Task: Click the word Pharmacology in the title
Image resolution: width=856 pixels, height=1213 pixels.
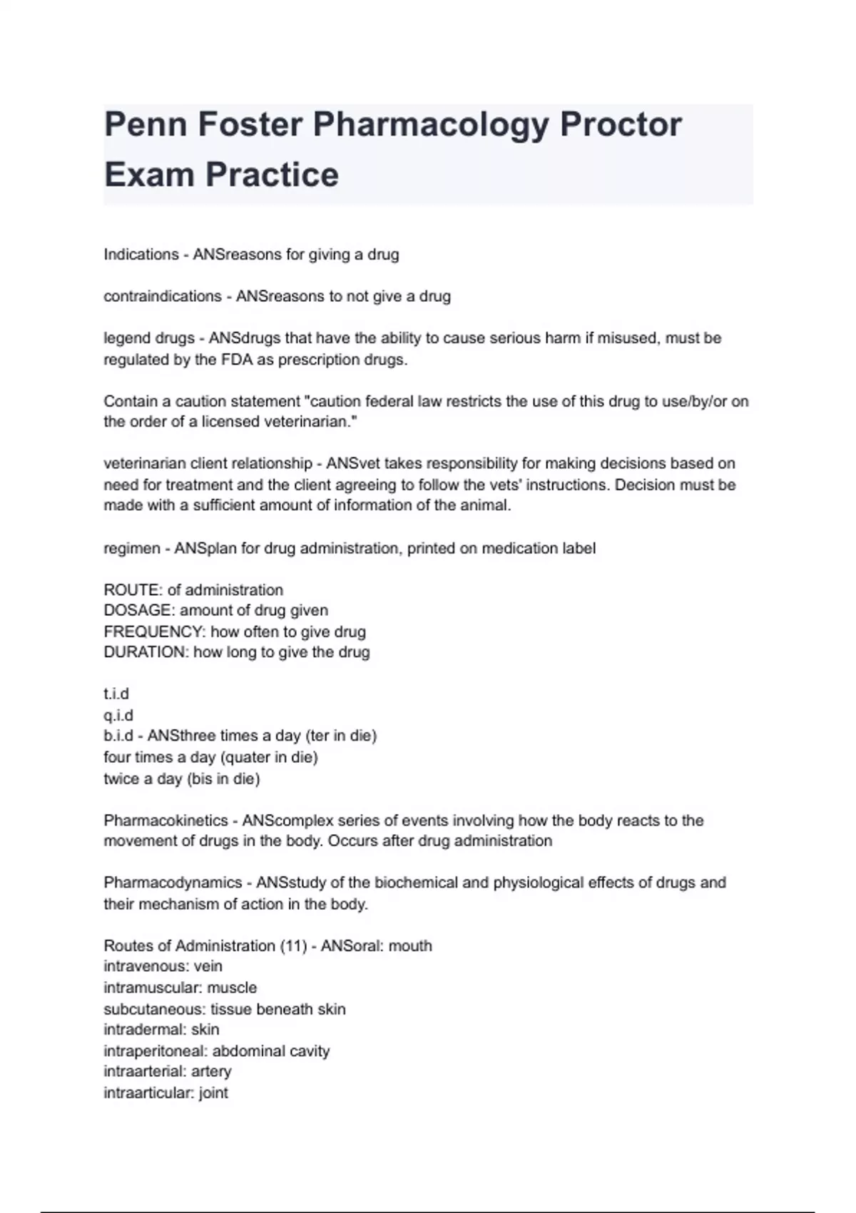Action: [431, 125]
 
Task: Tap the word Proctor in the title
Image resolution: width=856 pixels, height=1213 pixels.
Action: [621, 125]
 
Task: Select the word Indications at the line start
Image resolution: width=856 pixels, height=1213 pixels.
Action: [141, 255]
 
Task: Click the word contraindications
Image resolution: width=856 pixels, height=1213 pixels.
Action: [163, 296]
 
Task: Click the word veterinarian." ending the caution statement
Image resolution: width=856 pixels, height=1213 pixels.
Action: [310, 422]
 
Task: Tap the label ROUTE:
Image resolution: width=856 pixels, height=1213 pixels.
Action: [133, 590]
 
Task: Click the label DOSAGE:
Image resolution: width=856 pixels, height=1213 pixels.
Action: [139, 611]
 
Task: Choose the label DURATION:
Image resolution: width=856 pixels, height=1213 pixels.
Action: [146, 652]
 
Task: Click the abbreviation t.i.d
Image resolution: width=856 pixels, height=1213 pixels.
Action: [116, 694]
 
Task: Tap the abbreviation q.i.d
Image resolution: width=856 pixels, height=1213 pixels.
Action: [118, 715]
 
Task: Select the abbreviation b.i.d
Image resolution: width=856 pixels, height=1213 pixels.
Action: [118, 736]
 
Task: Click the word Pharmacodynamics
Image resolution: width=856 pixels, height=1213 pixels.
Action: [173, 883]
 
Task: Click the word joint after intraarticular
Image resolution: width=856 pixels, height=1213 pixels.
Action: [213, 1093]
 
